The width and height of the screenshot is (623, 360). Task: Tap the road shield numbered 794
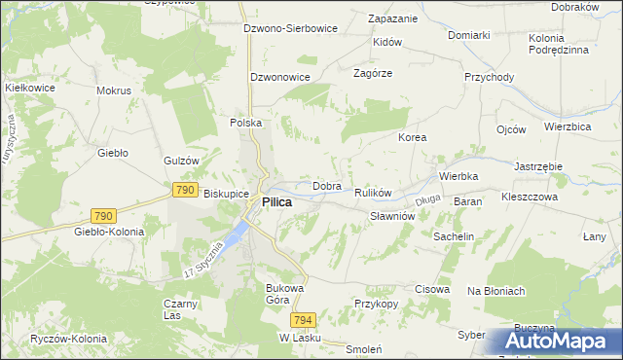pos(303,319)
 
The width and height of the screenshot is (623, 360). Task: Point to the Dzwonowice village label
pos(279,76)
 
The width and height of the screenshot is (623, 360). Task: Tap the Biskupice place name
pos(226,194)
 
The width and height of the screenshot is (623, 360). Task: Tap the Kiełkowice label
pos(28,87)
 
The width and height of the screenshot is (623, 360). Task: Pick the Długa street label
pos(428,200)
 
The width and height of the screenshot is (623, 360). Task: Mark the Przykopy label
pos(377,303)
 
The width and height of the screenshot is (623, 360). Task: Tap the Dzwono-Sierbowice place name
pos(290,28)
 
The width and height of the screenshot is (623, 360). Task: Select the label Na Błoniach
pos(496,291)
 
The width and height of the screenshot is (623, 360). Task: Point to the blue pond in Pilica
pos(237,233)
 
